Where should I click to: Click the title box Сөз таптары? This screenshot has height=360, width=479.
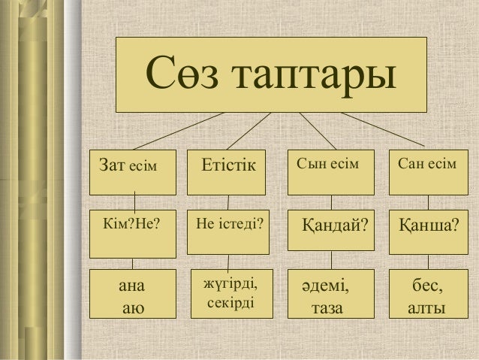point(271,73)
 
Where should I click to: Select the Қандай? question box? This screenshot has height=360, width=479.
point(330,225)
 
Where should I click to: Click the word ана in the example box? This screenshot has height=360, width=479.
point(130,286)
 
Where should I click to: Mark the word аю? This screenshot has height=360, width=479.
point(131,307)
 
